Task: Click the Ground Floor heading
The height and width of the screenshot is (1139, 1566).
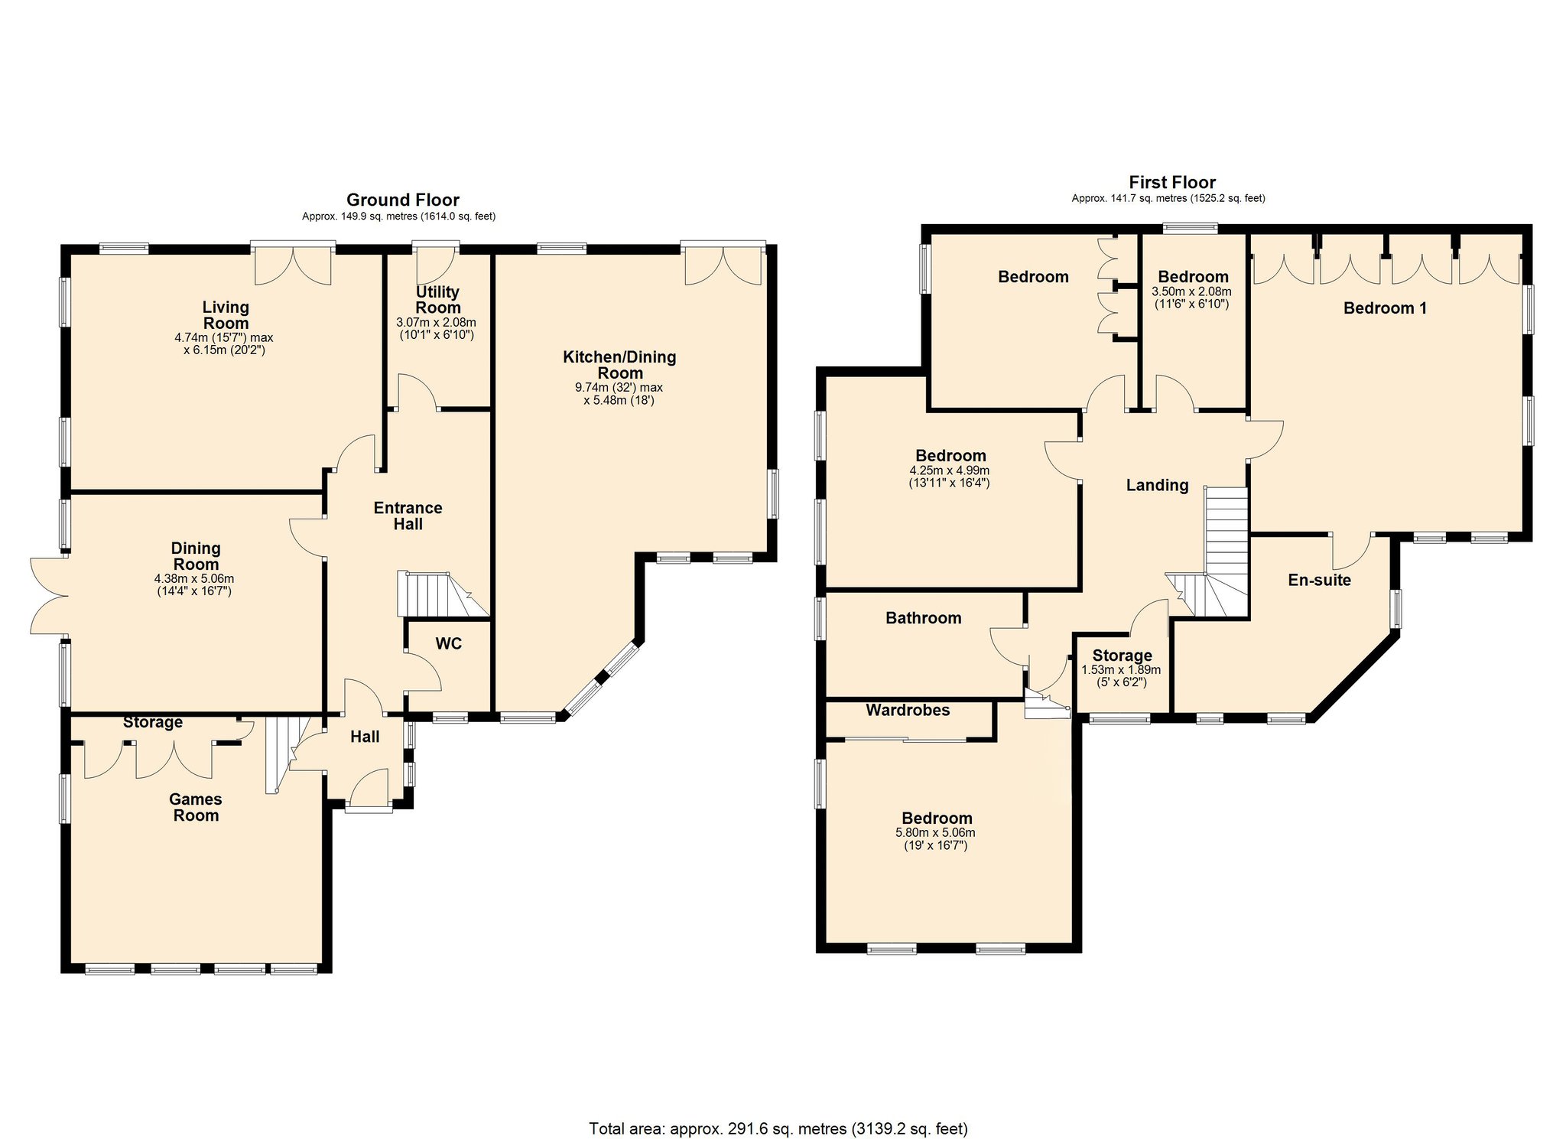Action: pyautogui.click(x=403, y=200)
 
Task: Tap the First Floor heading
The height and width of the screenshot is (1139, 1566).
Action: pyautogui.click(x=1172, y=182)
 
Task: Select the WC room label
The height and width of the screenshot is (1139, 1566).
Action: pyautogui.click(x=449, y=644)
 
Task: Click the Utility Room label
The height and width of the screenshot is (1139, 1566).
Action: pyautogui.click(x=437, y=299)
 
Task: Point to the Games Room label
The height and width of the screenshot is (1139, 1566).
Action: pyautogui.click(x=196, y=807)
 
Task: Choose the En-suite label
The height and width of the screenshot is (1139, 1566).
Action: pyautogui.click(x=1319, y=580)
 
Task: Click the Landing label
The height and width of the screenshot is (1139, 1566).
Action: pyautogui.click(x=1157, y=485)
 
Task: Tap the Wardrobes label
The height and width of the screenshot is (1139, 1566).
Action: pyautogui.click(x=908, y=710)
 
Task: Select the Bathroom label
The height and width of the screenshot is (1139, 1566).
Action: pyautogui.click(x=923, y=618)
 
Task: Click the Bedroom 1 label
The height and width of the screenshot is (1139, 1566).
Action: pyautogui.click(x=1385, y=308)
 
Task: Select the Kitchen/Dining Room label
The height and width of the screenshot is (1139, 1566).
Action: pyautogui.click(x=619, y=365)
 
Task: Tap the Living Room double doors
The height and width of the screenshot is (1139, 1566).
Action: pyautogui.click(x=293, y=265)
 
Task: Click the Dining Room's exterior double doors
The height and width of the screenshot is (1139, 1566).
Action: pyautogui.click(x=47, y=596)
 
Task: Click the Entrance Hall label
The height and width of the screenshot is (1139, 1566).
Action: pyautogui.click(x=408, y=516)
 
